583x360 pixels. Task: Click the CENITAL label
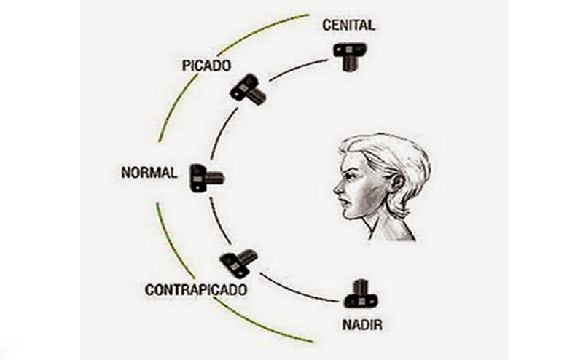click(348, 26)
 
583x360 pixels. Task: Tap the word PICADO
click(207, 66)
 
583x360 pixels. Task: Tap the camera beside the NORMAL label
click(205, 177)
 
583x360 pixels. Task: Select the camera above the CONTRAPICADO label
click(239, 261)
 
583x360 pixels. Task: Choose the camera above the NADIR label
click(359, 294)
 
